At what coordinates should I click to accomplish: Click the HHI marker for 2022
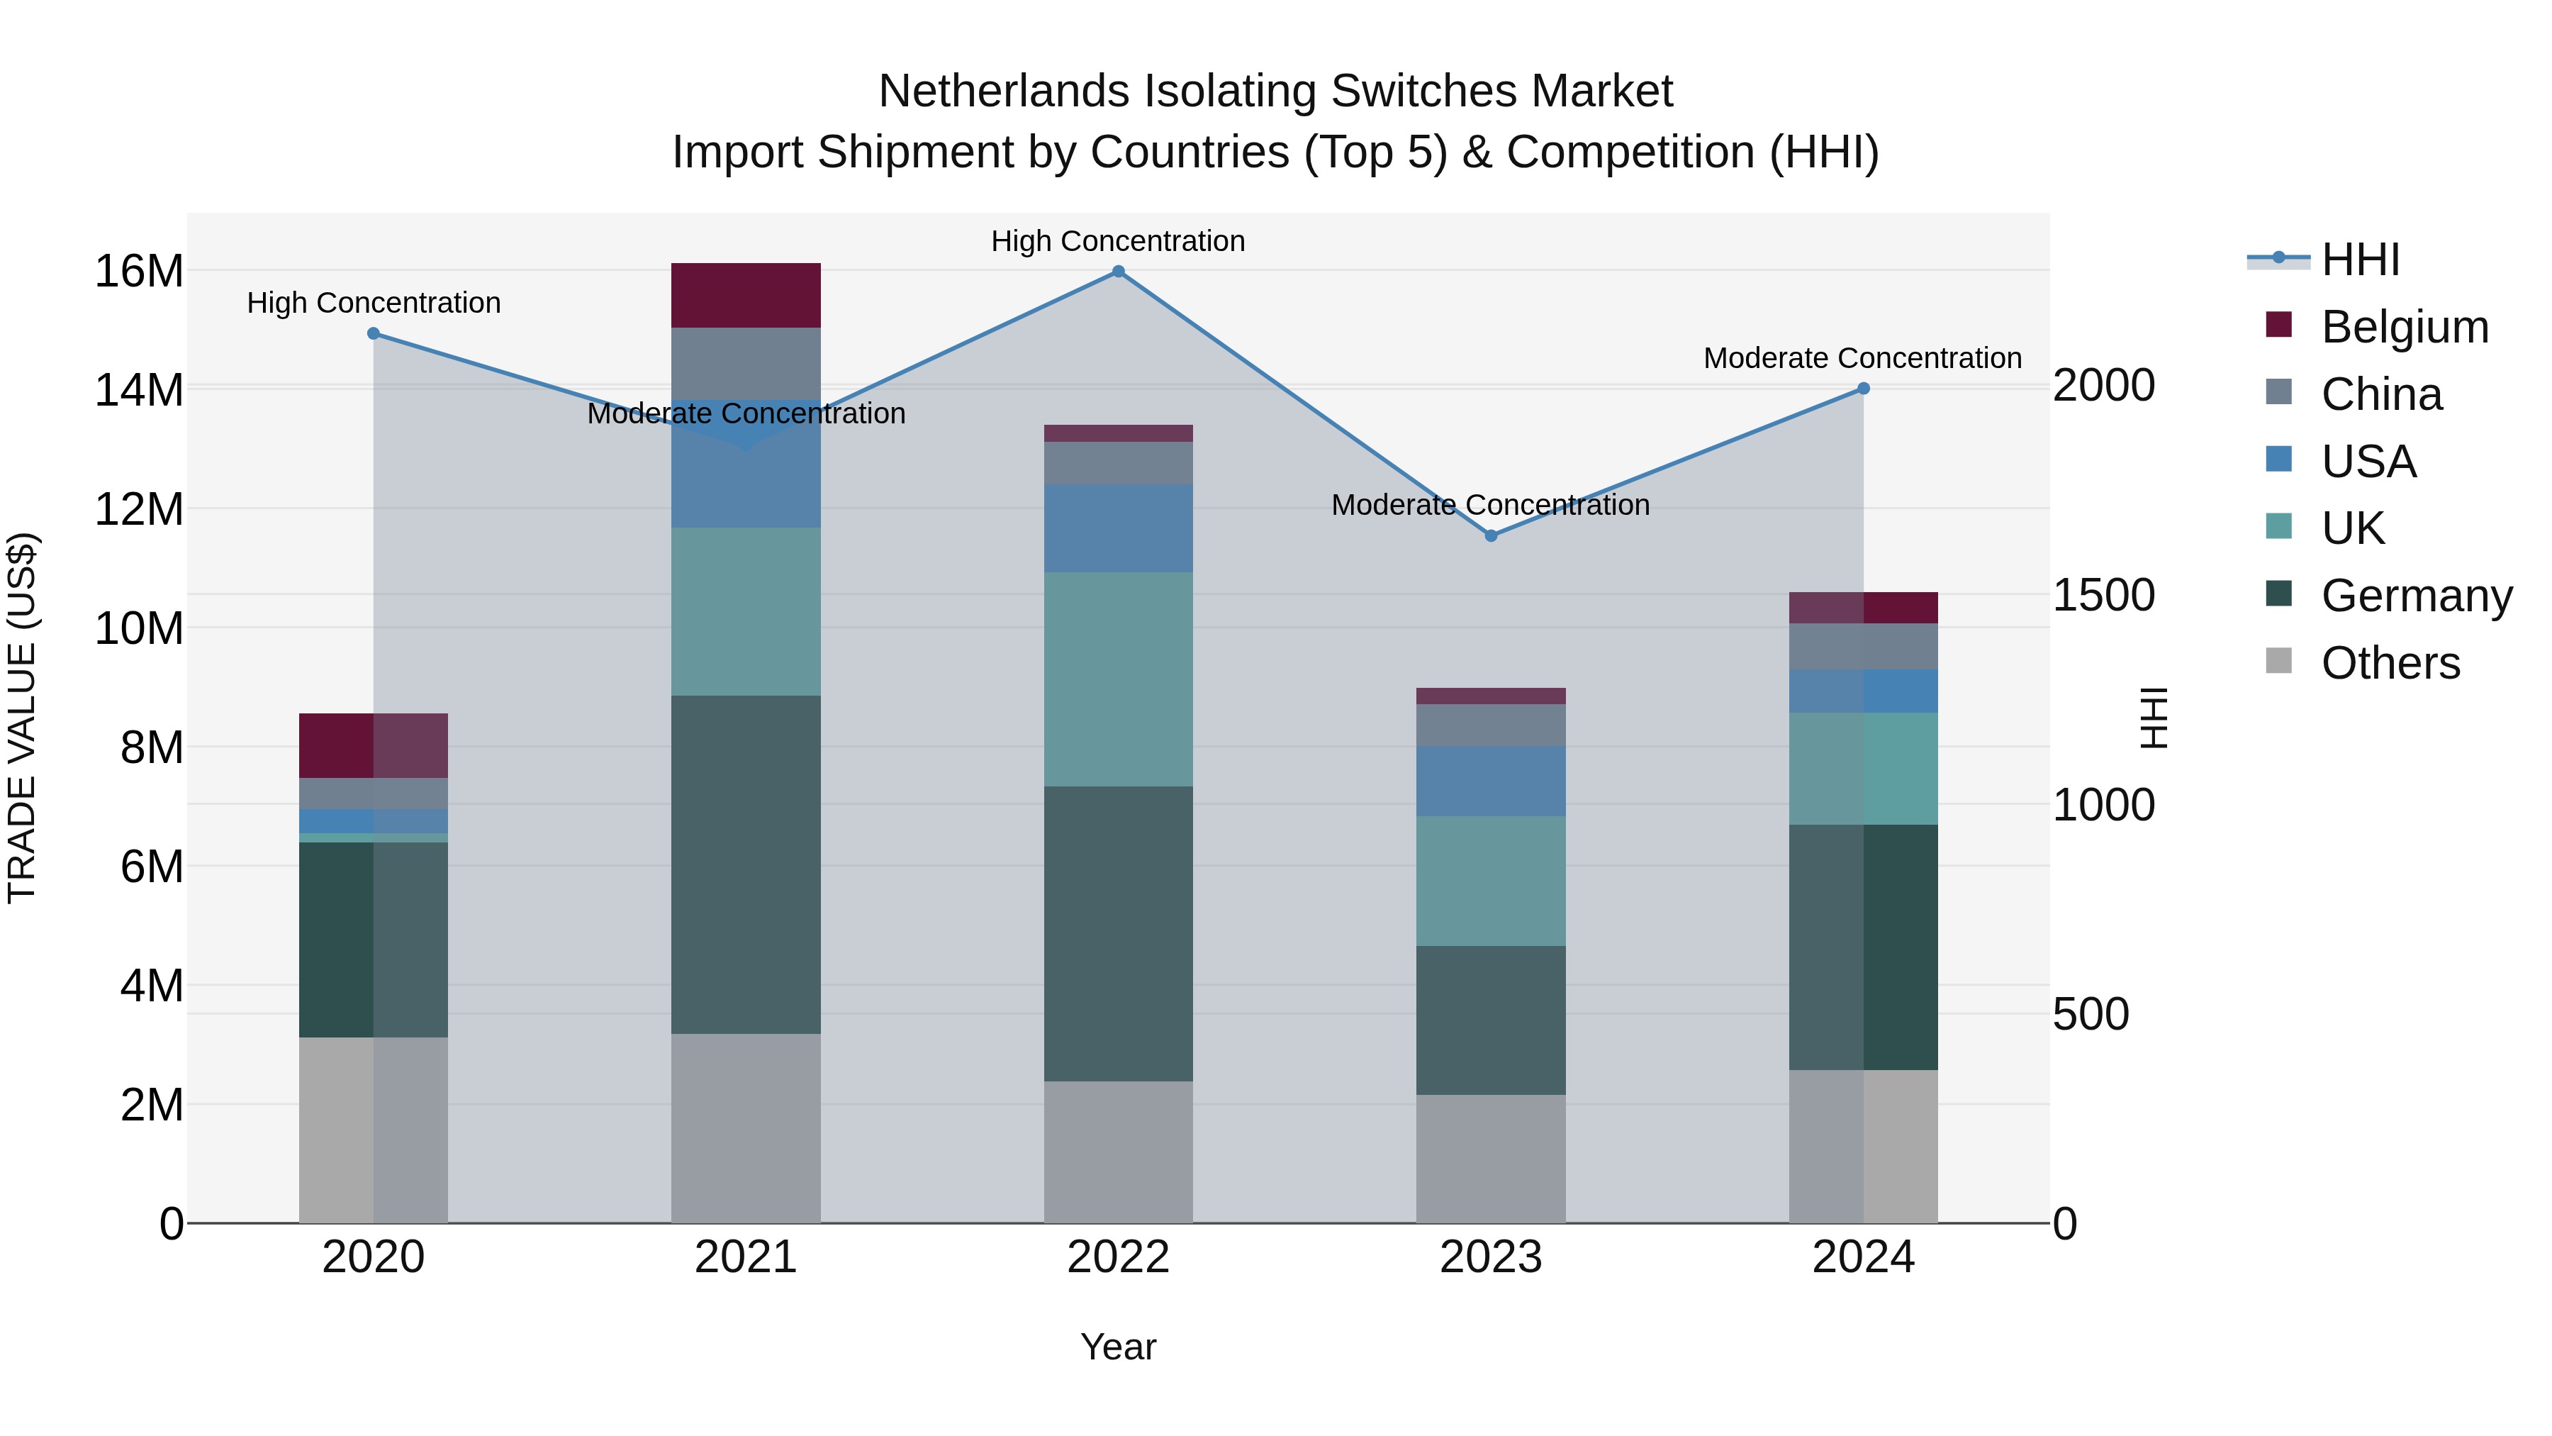1119,272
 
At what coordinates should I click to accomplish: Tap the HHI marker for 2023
1491,536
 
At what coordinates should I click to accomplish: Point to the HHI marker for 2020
374,334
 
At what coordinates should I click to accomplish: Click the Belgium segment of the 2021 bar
746,295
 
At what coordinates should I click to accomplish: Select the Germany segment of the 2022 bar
1119,933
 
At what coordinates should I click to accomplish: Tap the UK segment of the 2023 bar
1491,881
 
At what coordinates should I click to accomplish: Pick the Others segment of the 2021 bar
746,1128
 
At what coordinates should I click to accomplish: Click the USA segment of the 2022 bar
1119,528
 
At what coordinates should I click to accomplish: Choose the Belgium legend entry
2405,327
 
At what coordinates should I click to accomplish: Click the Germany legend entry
2417,596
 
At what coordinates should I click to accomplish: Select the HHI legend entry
2360,260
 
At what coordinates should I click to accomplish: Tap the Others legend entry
2390,663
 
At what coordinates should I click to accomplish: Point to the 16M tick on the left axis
139,272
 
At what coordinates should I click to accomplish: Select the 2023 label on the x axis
1491,1257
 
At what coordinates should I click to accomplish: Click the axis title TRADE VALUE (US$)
22,718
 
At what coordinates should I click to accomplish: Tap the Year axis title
1119,1347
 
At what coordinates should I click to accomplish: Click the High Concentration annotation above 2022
1119,241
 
